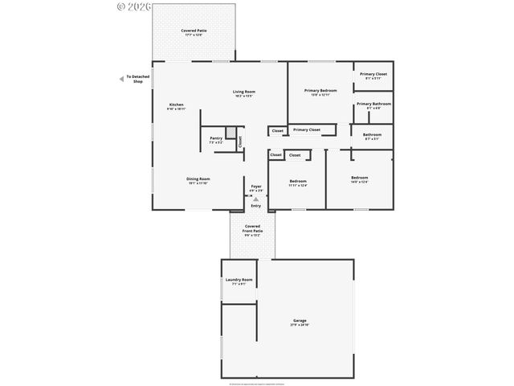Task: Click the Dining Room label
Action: coord(198,181)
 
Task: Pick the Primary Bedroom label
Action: coord(320,92)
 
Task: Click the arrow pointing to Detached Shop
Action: coord(120,79)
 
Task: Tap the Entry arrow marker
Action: coord(255,199)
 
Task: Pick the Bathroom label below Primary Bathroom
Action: coord(372,136)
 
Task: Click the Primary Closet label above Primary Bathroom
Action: coord(373,76)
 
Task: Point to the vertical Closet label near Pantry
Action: coord(239,142)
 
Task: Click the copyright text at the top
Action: coord(136,7)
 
